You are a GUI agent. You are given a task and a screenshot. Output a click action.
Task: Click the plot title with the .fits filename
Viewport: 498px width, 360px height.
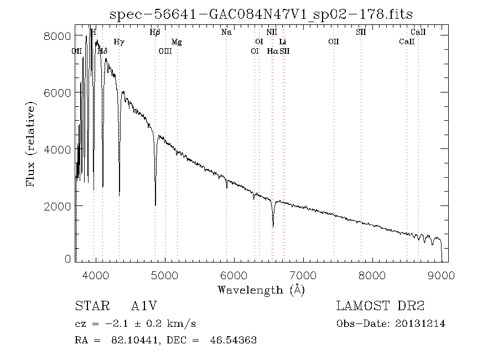pos(261,14)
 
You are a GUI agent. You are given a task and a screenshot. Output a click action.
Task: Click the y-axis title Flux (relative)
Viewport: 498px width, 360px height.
pos(31,144)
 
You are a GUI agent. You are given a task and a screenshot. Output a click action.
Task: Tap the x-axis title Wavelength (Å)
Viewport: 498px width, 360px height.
pos(261,289)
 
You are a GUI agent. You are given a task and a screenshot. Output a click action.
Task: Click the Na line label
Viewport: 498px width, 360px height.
pos(226,33)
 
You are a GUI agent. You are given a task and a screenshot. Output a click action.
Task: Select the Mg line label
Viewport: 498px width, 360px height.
pos(177,42)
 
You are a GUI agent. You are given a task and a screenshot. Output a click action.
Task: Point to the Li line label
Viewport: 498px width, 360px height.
pos(283,42)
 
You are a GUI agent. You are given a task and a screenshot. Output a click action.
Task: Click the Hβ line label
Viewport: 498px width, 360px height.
pos(155,33)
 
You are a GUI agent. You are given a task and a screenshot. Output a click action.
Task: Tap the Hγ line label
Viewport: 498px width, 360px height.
pos(119,42)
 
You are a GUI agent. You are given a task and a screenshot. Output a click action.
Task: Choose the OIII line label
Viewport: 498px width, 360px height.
pos(165,52)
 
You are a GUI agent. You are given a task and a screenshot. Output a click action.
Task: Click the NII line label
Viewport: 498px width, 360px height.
pos(271,33)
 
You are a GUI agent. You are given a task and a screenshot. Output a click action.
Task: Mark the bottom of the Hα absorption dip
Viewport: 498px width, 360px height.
pos(273,226)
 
